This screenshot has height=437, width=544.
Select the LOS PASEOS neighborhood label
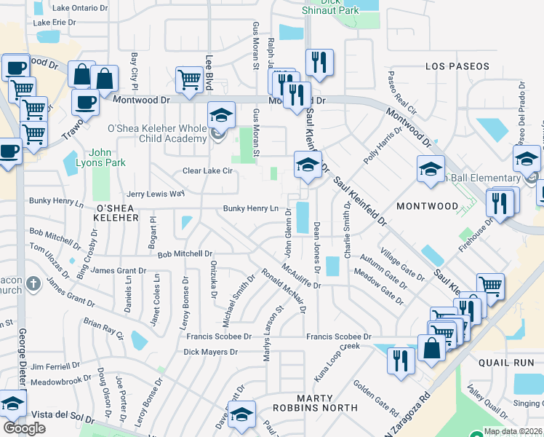click(x=457, y=66)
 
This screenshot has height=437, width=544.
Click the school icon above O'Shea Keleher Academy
click(x=221, y=114)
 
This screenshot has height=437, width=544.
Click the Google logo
click(x=24, y=428)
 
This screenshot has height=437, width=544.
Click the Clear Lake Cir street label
click(x=207, y=171)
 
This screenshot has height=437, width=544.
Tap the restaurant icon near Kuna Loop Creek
click(x=401, y=361)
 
